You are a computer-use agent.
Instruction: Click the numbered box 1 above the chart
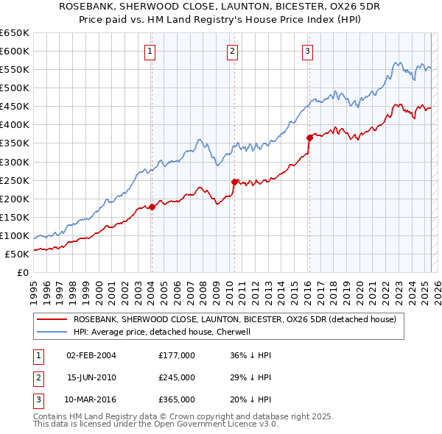(150, 51)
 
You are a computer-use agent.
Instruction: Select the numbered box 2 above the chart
(232, 51)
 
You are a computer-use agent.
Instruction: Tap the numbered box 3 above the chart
(307, 51)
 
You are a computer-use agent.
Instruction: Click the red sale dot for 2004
(152, 207)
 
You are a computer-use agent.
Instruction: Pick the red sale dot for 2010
(234, 182)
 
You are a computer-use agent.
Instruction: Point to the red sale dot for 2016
(309, 137)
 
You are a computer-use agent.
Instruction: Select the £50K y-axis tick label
(18, 254)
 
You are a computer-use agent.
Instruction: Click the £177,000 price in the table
(177, 355)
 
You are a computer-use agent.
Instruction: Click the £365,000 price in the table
(177, 400)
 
